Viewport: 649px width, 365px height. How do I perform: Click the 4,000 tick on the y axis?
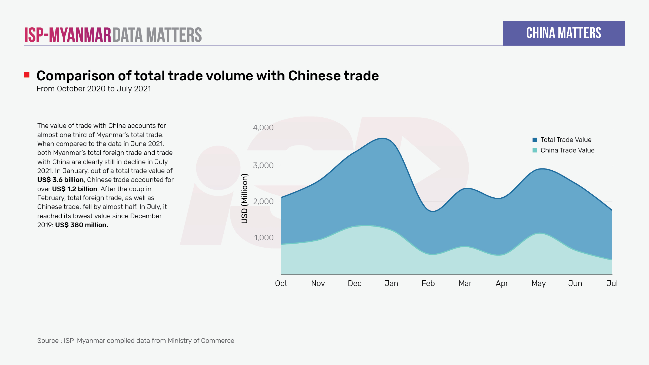263,128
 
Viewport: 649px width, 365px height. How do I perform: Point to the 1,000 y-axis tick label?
264,238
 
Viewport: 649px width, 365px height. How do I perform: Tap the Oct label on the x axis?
281,283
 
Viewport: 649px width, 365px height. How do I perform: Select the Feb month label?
428,283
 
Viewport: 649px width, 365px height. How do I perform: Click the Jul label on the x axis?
612,283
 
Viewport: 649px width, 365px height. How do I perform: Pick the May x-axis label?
538,283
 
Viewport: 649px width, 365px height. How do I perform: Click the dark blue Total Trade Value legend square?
535,140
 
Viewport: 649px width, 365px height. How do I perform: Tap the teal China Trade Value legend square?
535,150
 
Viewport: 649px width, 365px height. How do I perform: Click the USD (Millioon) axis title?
244,199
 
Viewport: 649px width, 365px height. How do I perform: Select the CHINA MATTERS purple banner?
564,33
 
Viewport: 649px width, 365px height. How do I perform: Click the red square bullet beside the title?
27,75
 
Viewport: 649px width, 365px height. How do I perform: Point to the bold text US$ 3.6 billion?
60,180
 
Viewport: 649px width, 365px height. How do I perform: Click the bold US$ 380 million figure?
82,225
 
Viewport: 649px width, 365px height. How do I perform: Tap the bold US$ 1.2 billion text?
75,189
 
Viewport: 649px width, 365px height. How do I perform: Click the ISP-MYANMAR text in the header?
68,35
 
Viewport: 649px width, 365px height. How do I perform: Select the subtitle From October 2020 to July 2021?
94,89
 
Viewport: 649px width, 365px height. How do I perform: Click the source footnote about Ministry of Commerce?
135,341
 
